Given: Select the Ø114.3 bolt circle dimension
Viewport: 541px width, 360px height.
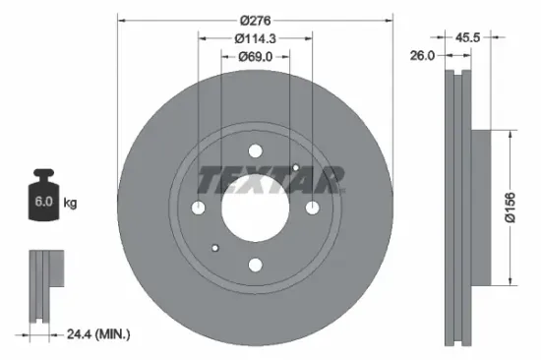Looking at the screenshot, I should click(x=255, y=37).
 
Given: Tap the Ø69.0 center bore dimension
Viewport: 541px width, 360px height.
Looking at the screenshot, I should click(x=255, y=57).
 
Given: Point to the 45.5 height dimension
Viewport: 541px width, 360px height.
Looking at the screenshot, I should click(x=468, y=36).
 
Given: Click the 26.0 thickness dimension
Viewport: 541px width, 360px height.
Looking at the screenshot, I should click(x=423, y=57).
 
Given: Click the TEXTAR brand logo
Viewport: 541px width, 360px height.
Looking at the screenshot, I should click(x=270, y=180).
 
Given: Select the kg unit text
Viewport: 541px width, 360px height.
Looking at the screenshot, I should click(x=70, y=203).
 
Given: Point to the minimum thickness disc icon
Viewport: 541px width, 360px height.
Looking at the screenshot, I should click(x=45, y=285).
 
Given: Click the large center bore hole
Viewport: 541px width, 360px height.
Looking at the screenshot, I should click(x=255, y=207).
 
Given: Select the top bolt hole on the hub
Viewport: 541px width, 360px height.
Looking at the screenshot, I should click(x=255, y=150).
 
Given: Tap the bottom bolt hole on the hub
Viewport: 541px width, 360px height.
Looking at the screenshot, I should click(x=255, y=264).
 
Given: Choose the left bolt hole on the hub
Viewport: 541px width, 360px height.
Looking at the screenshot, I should click(x=198, y=208).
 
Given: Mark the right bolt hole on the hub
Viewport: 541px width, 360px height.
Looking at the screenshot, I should click(x=312, y=208).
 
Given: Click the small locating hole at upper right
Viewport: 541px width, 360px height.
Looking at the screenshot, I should click(x=295, y=168).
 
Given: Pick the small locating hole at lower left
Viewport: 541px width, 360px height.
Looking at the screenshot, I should click(x=215, y=247).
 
